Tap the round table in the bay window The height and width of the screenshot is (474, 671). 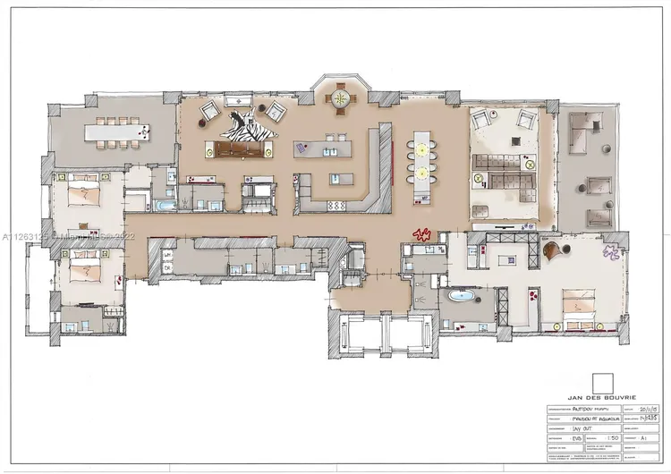[342, 99]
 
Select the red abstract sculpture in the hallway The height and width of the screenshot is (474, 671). [420, 235]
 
